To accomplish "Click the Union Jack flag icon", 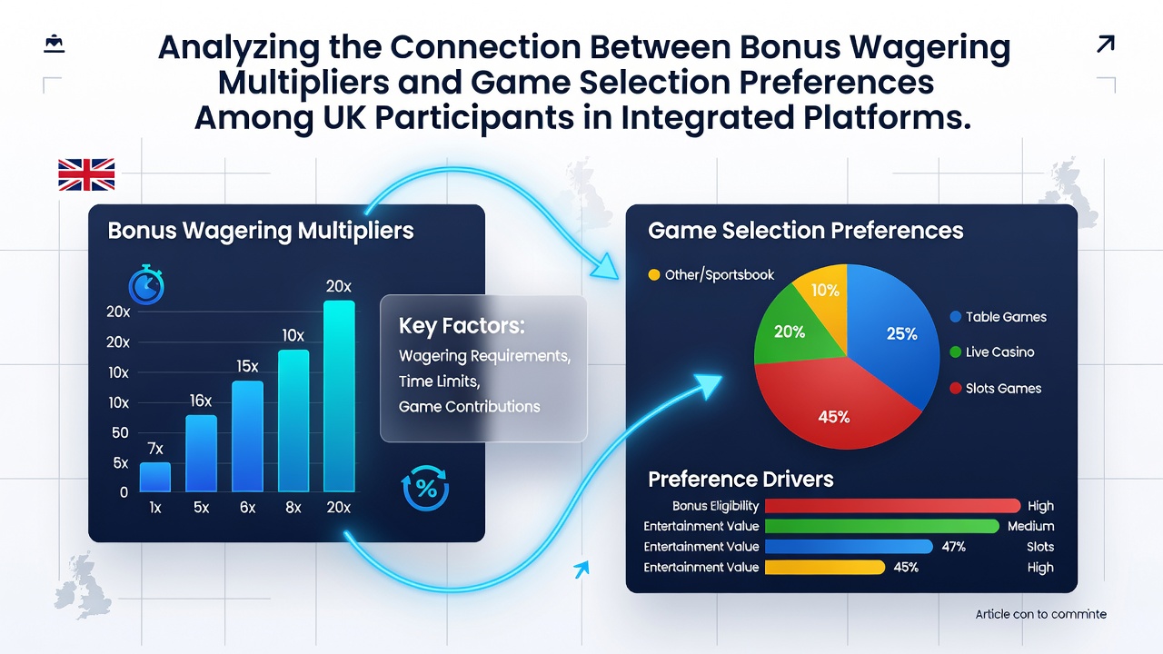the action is [x=86, y=174].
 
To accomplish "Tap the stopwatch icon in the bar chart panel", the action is [x=146, y=285].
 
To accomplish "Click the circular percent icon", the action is [x=425, y=488].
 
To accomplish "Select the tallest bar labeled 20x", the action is [x=339, y=396].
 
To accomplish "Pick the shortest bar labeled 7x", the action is [x=154, y=477].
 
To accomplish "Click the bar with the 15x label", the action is [x=247, y=436].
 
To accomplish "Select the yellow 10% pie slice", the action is [x=824, y=293].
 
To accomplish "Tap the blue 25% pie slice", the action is [x=893, y=332].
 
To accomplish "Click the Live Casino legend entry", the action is [x=991, y=352].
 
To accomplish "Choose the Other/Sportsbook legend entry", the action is [x=711, y=274].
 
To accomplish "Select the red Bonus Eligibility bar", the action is [x=892, y=506].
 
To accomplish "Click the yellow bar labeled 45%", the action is [x=824, y=568].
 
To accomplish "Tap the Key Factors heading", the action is [x=462, y=326].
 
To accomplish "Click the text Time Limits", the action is [x=439, y=381].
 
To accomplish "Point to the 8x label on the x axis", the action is [x=293, y=507].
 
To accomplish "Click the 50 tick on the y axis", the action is [x=120, y=433].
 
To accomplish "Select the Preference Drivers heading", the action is [x=741, y=479].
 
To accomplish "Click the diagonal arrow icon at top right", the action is [x=1106, y=45].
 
